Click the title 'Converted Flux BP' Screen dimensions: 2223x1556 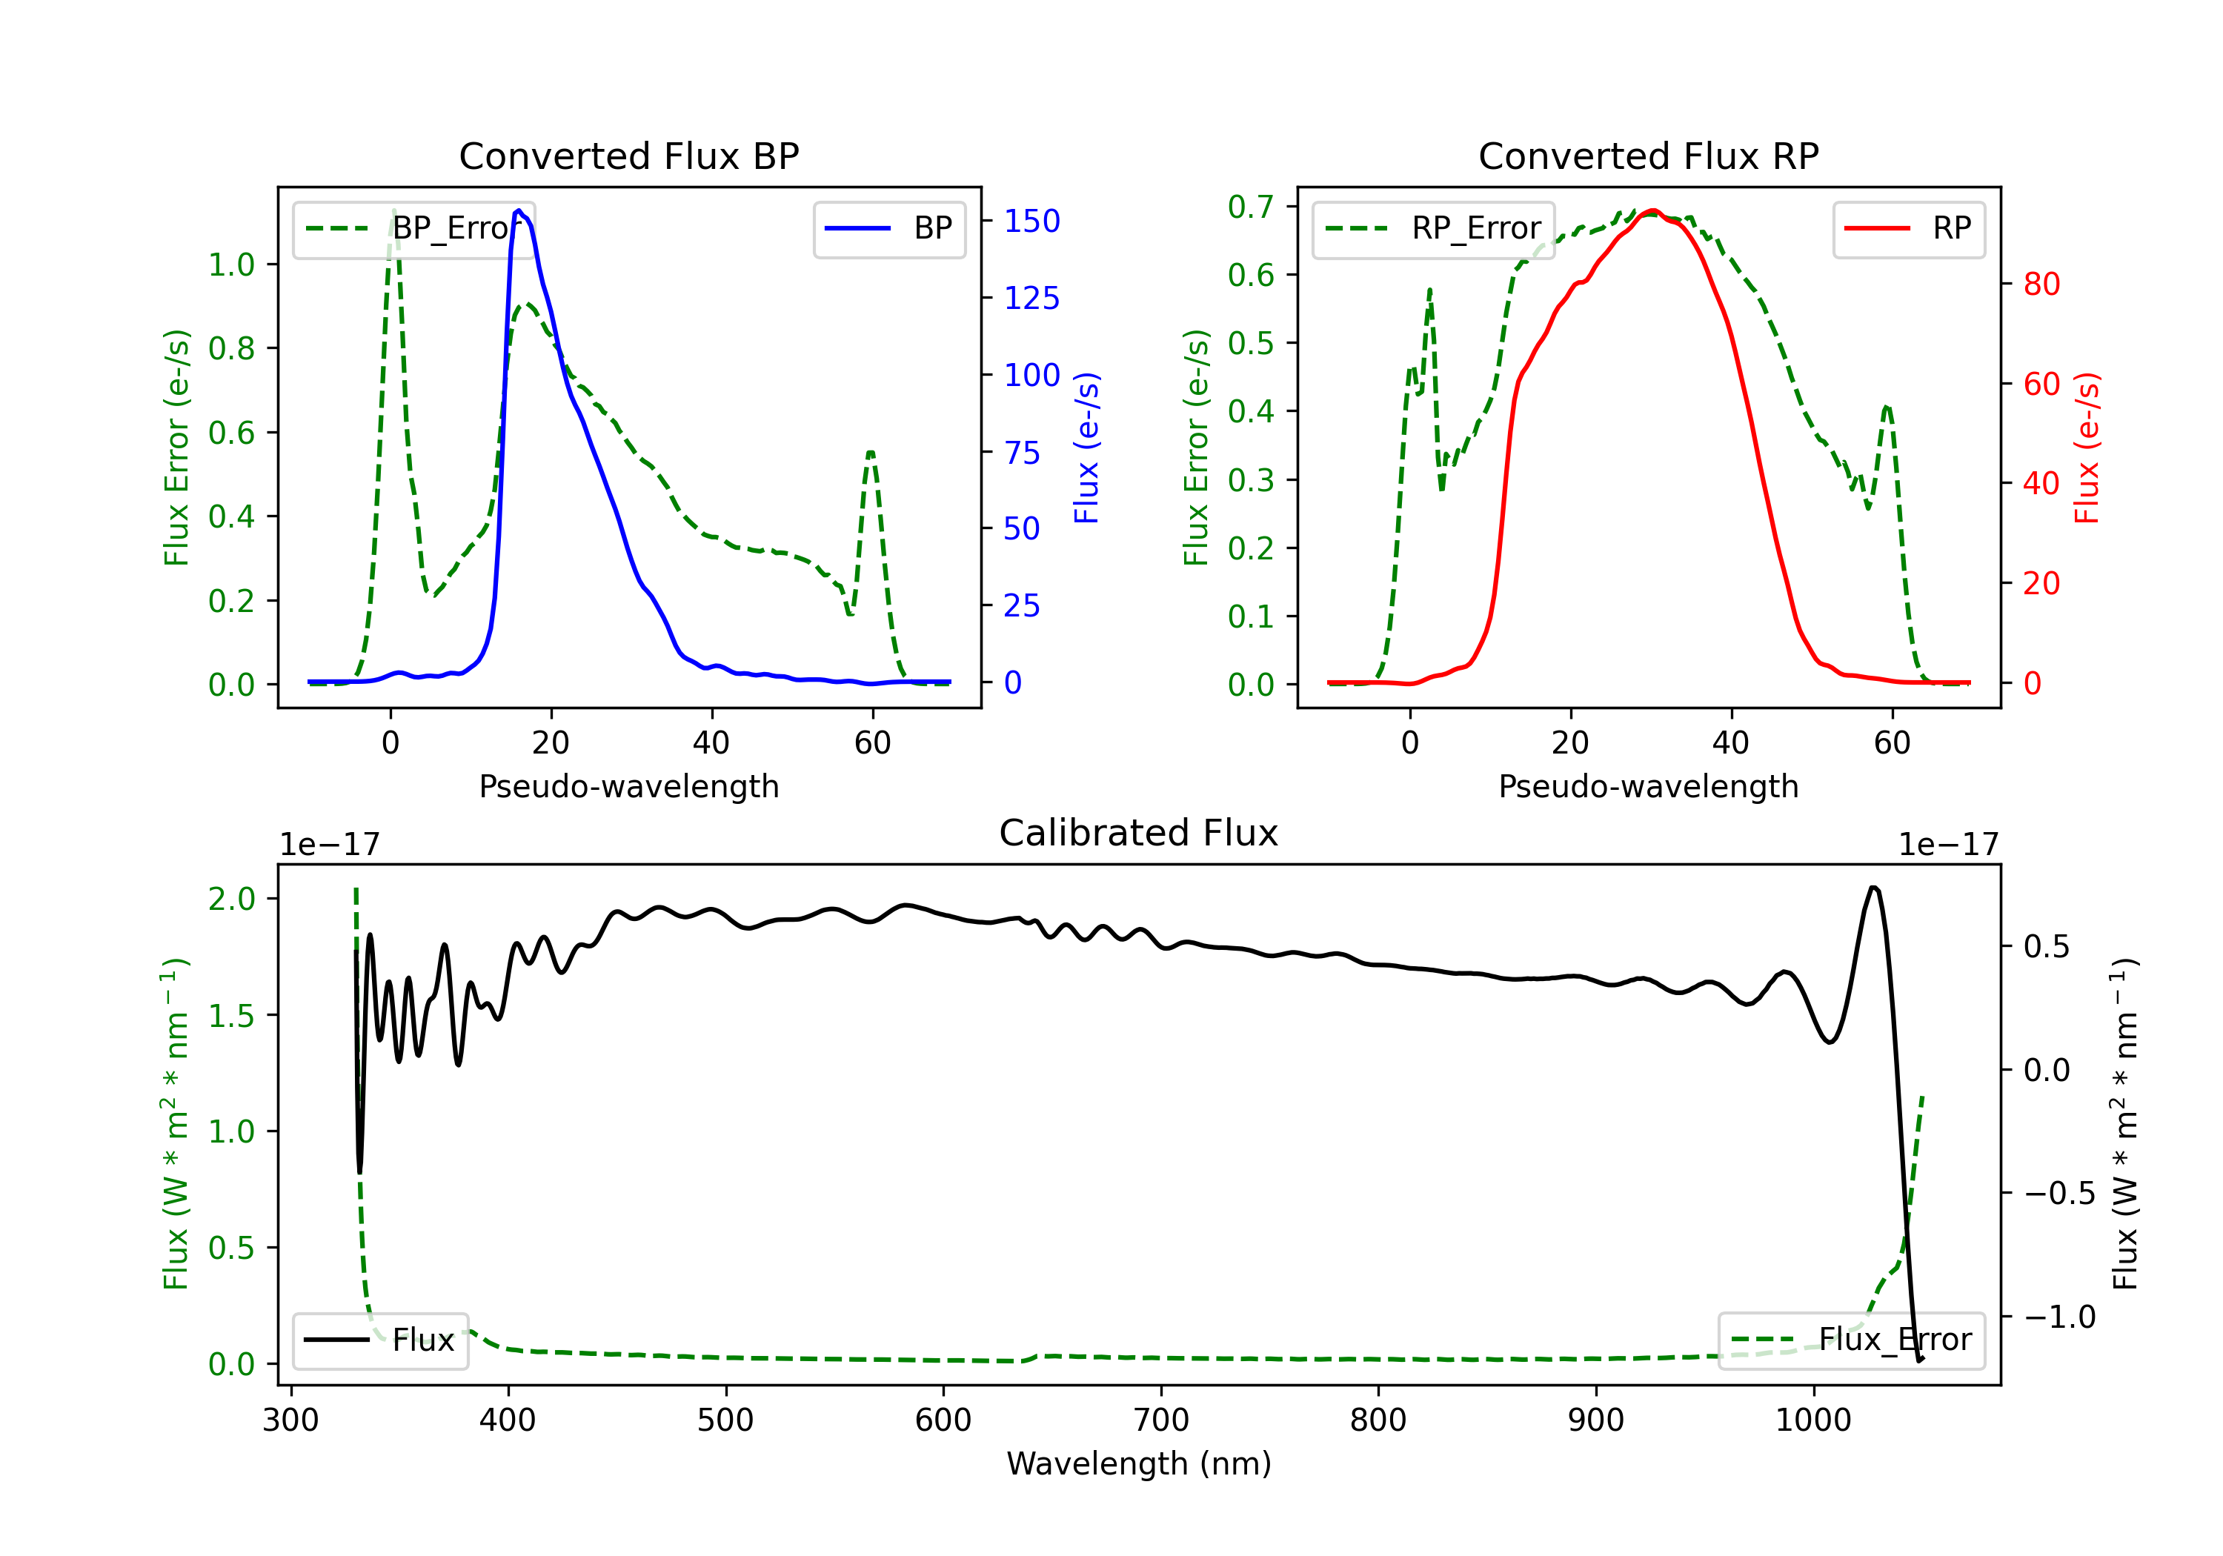coord(629,156)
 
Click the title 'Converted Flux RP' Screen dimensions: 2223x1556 coord(1649,156)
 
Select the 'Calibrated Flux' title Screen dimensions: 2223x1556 coord(1139,833)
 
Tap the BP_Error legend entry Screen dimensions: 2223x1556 coord(413,228)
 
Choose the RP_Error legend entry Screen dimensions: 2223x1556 coord(1433,228)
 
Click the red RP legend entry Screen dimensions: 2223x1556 coord(1908,228)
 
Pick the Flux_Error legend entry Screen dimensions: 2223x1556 coord(1851,1340)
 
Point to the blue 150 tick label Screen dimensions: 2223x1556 coord(1032,221)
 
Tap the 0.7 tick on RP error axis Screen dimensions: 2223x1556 coord(1250,206)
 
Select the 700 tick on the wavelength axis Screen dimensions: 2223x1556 coord(1161,1420)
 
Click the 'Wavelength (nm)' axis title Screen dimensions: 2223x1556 coord(1139,1464)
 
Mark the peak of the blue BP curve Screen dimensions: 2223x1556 coord(519,210)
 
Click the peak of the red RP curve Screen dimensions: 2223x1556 coord(1652,210)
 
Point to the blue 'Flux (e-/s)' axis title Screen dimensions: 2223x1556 coord(1086,448)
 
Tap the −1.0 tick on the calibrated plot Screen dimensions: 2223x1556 coord(2059,1317)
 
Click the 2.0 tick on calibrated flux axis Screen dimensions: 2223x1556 coord(231,899)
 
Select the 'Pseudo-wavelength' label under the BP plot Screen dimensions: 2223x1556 coord(629,786)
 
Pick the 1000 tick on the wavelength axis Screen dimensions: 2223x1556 coord(1813,1420)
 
